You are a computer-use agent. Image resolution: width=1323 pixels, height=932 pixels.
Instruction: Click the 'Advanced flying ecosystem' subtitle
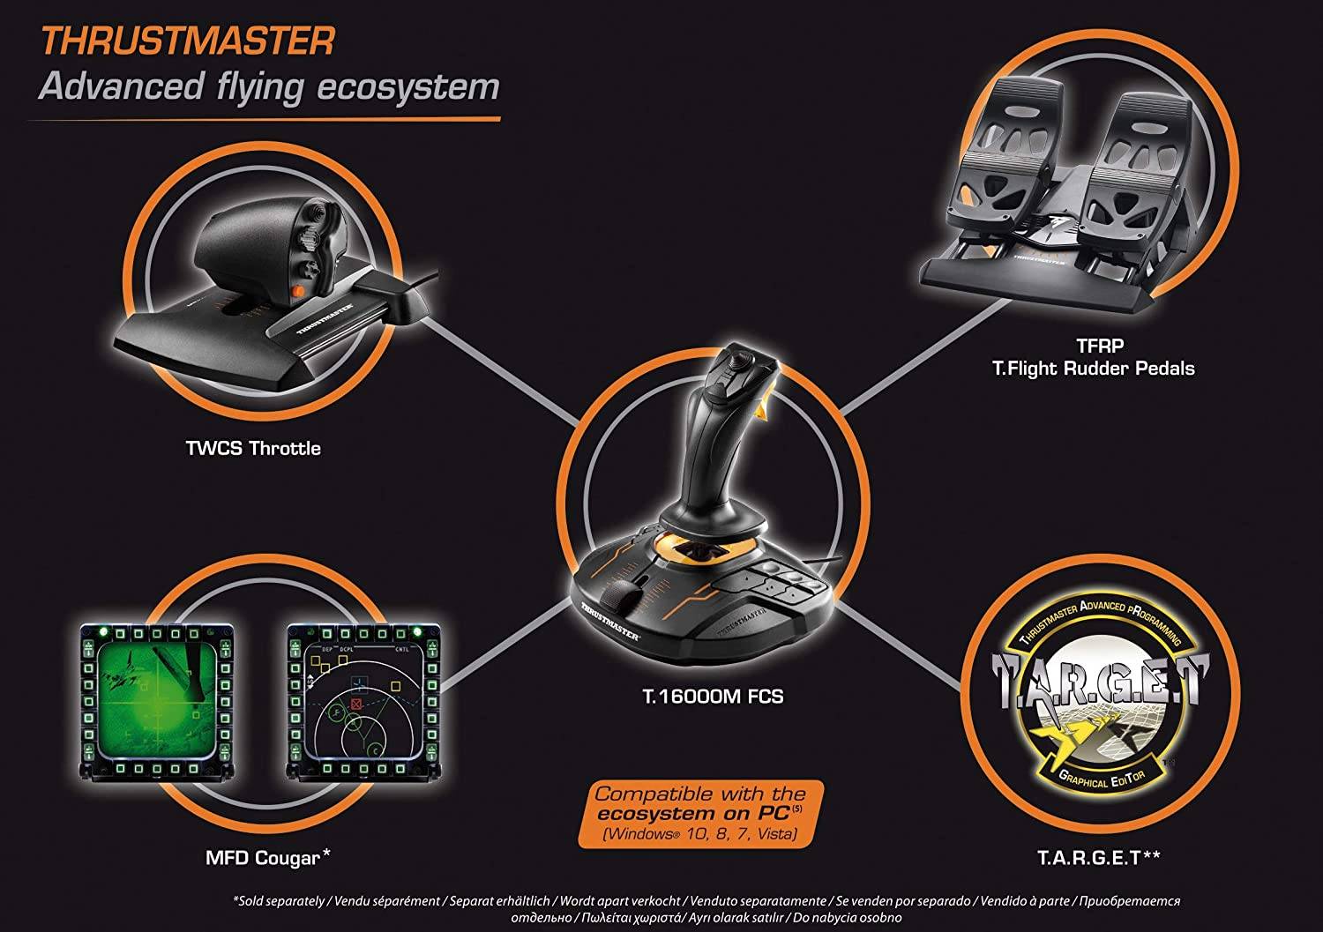click(x=269, y=87)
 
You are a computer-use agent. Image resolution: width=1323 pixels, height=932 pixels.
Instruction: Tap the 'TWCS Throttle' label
click(x=252, y=448)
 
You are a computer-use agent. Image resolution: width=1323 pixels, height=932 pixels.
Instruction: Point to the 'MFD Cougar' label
click(x=261, y=856)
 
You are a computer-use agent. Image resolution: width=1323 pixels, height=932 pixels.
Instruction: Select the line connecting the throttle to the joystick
click(x=494, y=370)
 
